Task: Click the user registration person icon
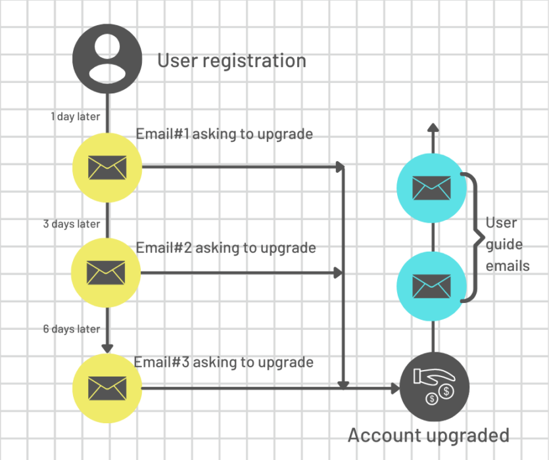point(107,58)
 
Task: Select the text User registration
point(231,61)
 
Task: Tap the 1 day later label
point(76,116)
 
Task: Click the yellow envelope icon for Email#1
point(107,168)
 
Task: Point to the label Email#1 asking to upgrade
point(224,134)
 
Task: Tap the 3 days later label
point(72,224)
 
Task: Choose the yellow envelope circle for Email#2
point(107,271)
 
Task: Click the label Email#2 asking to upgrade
point(226,248)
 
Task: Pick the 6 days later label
point(72,329)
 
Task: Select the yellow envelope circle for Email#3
point(107,388)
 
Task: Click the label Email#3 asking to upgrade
point(224,362)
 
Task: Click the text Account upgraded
point(428,435)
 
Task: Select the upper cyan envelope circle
point(432,189)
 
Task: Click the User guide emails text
point(508,244)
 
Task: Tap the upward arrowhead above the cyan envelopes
point(432,127)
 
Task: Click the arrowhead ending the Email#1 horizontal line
point(340,167)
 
